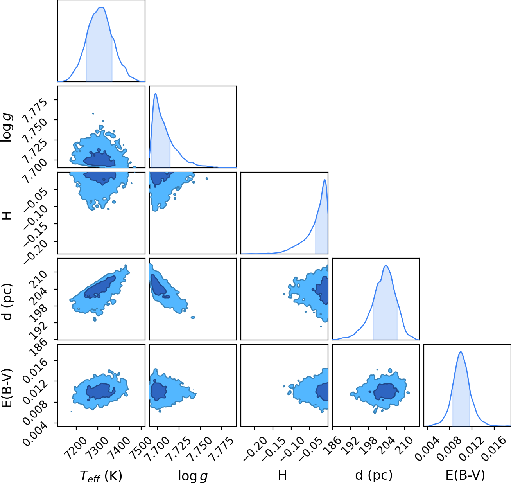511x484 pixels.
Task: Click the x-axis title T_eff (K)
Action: [x=101, y=476]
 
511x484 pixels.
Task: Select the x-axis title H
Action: [x=282, y=475]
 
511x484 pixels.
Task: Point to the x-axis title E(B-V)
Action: [x=465, y=475]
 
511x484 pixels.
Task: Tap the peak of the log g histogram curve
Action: [x=156, y=94]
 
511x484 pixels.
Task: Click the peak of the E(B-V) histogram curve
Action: [x=461, y=352]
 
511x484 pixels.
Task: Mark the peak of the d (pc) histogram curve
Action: [x=386, y=266]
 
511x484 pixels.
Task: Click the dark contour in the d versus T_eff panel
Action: [x=99, y=288]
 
